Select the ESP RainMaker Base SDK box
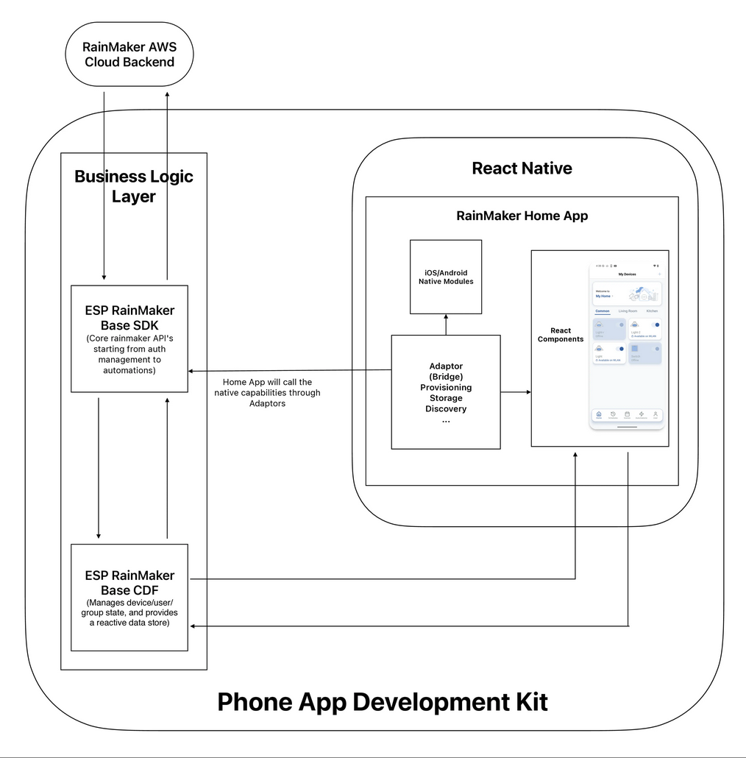coord(129,338)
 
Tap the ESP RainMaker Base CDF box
coord(129,597)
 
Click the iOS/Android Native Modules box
coord(446,277)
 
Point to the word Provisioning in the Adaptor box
coord(446,387)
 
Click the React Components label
coord(561,335)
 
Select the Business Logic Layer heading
coord(134,185)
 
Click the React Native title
coord(522,169)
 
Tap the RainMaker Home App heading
coord(522,216)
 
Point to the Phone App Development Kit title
coord(383,702)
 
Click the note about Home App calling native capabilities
coord(267,392)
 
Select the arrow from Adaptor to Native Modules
coord(446,324)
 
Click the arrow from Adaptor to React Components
coord(516,392)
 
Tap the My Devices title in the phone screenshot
coord(627,274)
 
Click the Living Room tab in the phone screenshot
coord(628,311)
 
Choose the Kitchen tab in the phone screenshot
coord(652,311)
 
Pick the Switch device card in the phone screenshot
coord(645,353)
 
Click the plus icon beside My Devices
coord(658,274)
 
